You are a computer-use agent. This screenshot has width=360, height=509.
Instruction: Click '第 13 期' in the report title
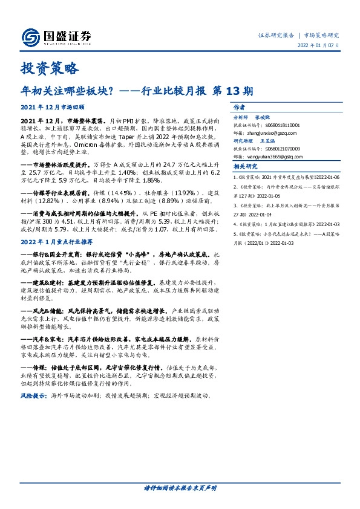[x=232, y=91]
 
